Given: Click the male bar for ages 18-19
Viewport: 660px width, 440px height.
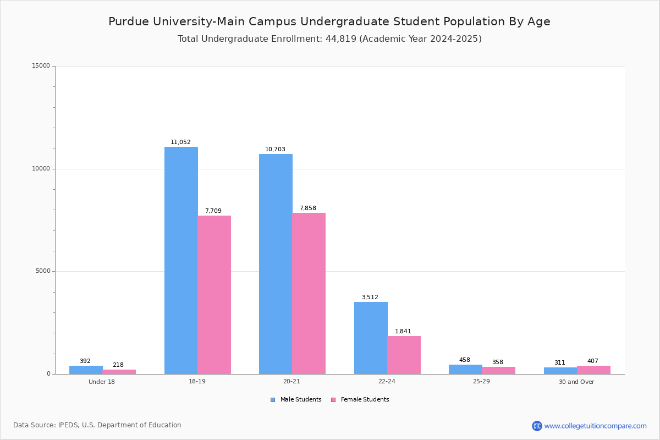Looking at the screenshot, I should [x=181, y=260].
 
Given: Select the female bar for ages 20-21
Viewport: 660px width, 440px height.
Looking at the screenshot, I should [x=309, y=293].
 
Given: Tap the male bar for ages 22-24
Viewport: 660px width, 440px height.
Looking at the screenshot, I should [x=371, y=338].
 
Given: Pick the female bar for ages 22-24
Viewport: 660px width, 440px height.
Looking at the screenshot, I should [x=404, y=355].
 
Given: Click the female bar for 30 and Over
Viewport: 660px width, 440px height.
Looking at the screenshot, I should [x=593, y=370].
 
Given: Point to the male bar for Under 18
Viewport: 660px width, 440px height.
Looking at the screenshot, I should [x=86, y=370].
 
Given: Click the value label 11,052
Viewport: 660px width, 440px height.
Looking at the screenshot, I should [x=180, y=142].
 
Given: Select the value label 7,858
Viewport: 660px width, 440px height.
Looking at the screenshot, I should [x=308, y=208].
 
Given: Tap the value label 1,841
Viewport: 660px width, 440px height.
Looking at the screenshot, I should [x=403, y=331].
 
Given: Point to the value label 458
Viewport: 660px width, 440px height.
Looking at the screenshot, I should [x=465, y=360].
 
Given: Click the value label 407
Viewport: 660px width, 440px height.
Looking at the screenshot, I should [x=593, y=361].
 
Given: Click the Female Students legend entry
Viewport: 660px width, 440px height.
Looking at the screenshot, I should [x=360, y=399].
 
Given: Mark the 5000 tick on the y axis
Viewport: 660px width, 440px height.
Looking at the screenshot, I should [x=42, y=271].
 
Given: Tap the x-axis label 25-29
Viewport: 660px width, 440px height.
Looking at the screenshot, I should [x=481, y=382].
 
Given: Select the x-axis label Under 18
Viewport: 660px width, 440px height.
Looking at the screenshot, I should [x=102, y=382].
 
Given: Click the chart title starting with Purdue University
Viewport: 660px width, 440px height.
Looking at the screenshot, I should [x=329, y=21].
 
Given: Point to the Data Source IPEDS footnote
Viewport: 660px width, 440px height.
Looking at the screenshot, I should [x=97, y=425].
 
